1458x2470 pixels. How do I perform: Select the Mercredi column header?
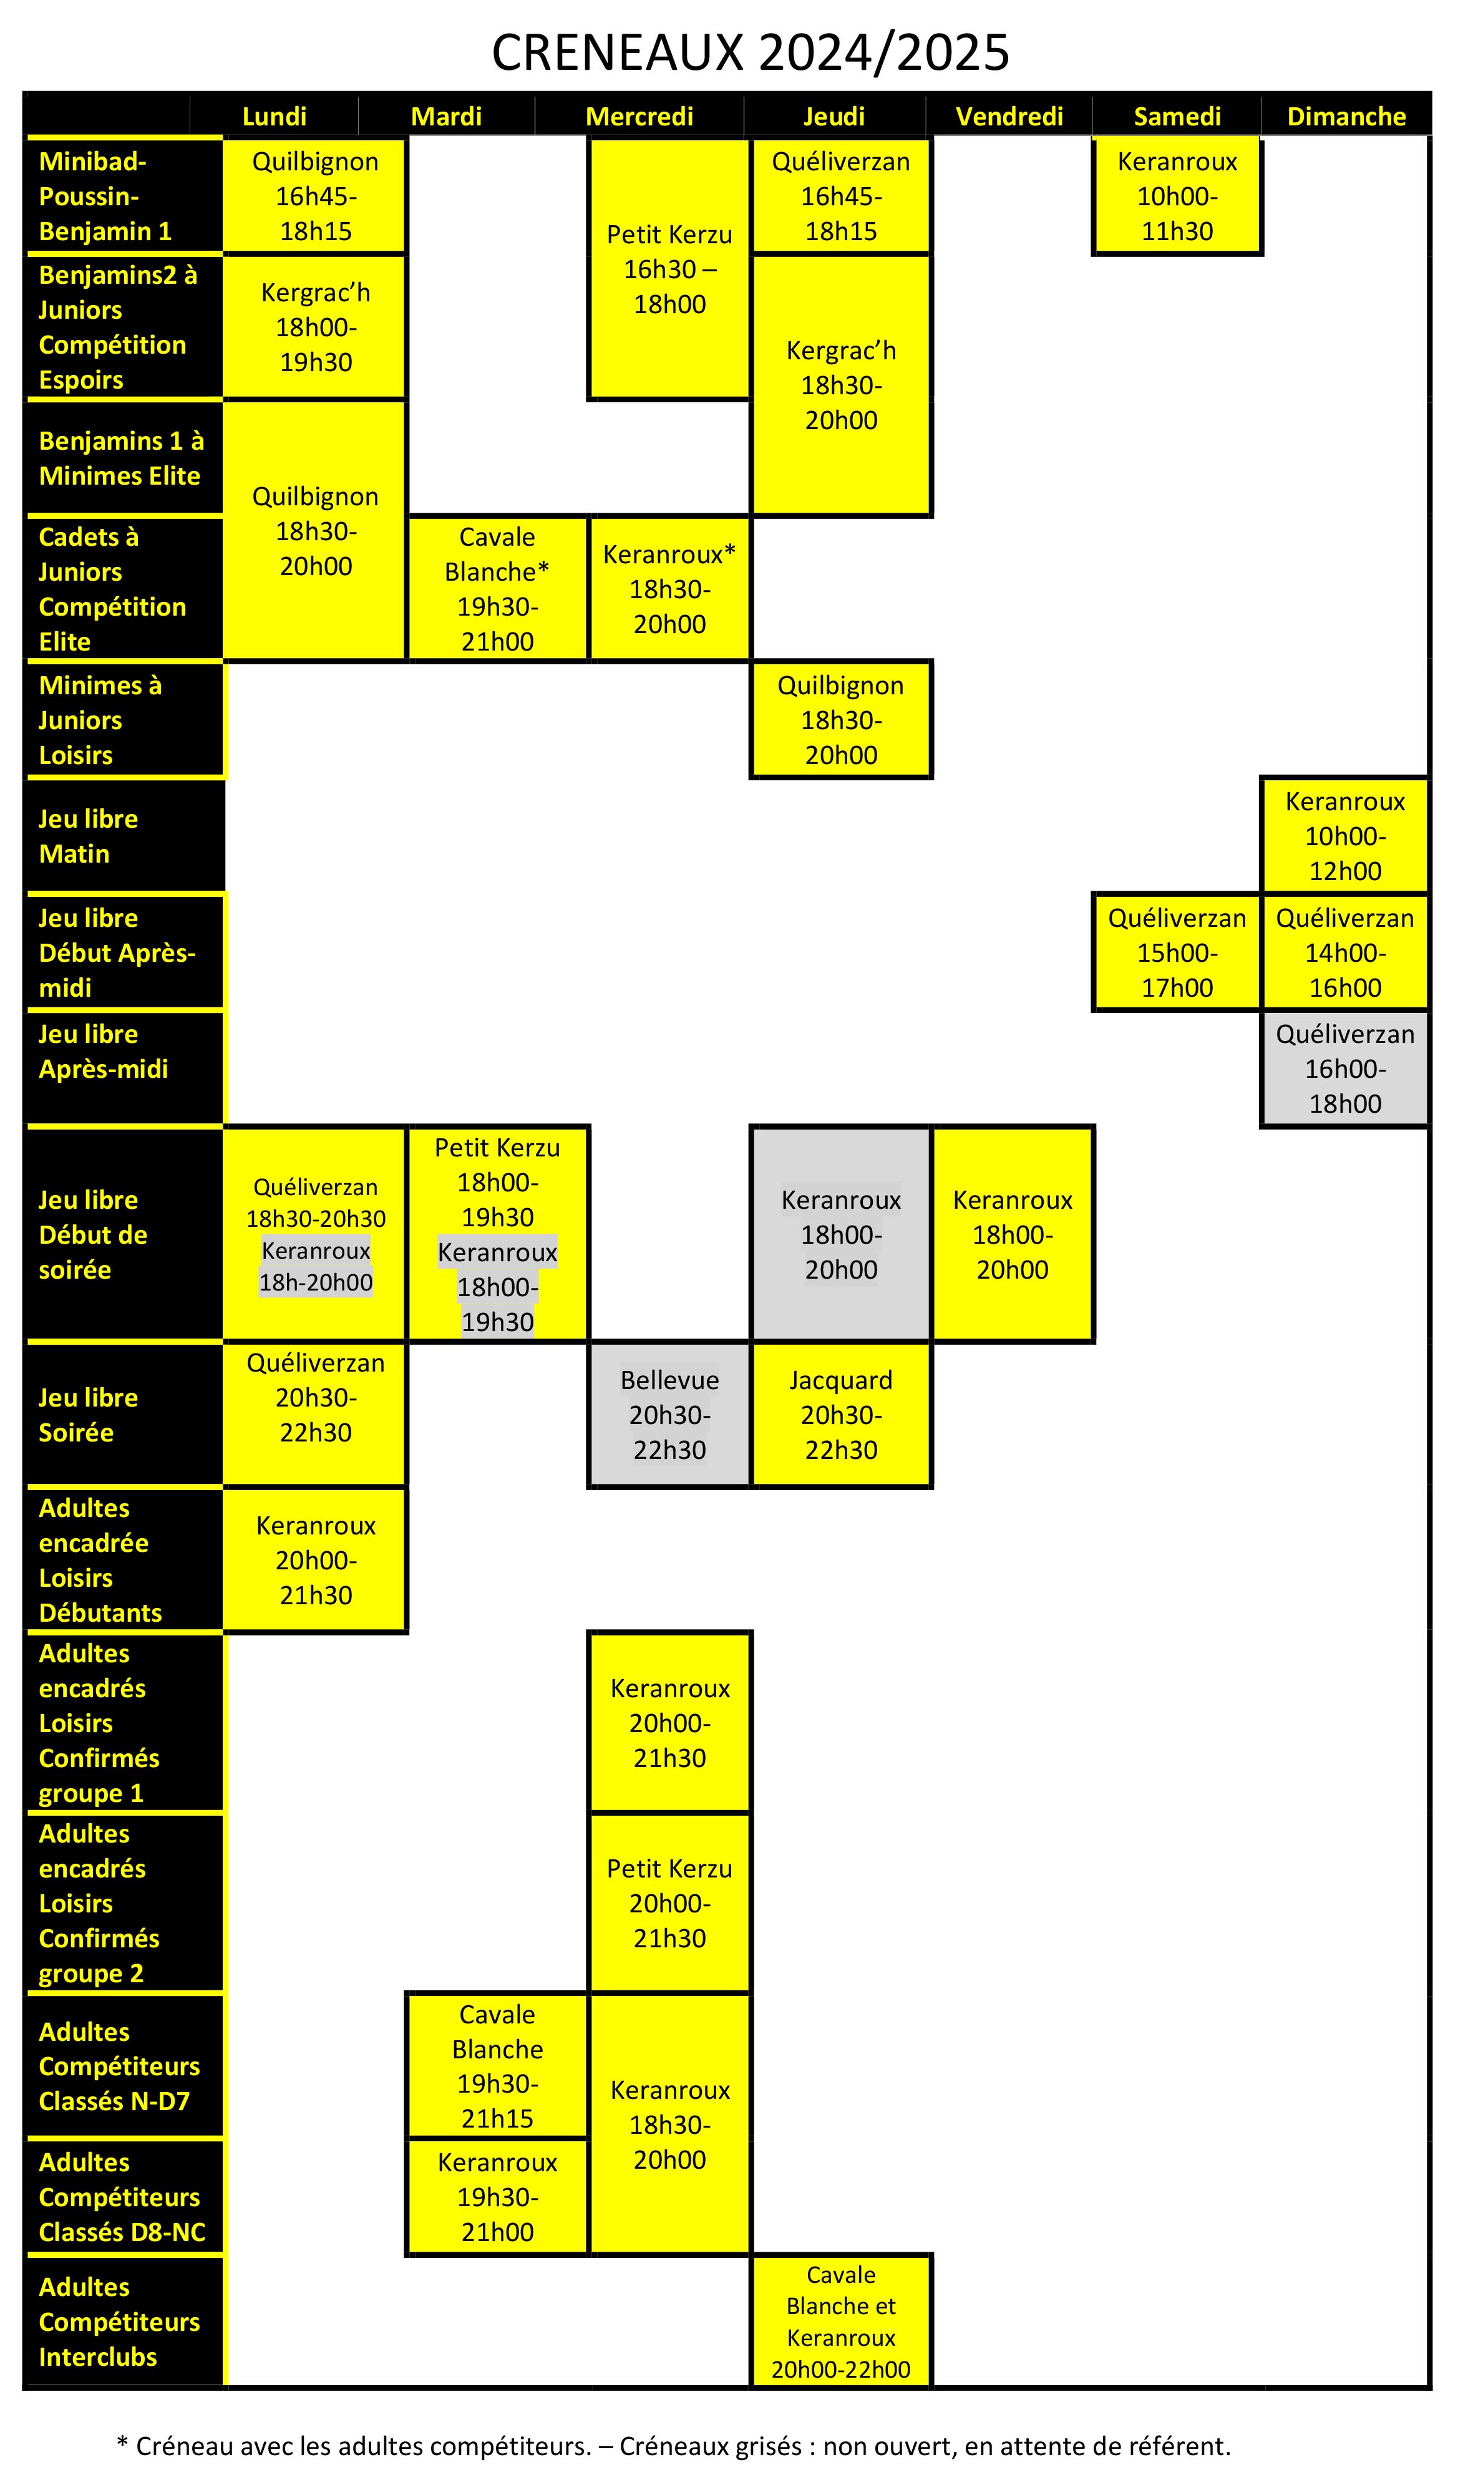pyautogui.click(x=639, y=116)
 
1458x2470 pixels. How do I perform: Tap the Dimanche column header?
pyautogui.click(x=1346, y=116)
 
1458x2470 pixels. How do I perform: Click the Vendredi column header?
pyautogui.click(x=1010, y=116)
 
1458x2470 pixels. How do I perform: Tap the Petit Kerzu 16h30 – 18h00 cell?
pyautogui.click(x=669, y=268)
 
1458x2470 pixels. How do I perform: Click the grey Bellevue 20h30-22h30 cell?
pyautogui.click(x=669, y=1414)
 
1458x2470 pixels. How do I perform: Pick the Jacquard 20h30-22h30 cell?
pyautogui.click(x=841, y=1414)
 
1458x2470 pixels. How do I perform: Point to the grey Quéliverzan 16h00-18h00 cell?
pyautogui.click(x=1345, y=1068)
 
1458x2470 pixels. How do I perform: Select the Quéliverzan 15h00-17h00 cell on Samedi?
pyautogui.click(x=1177, y=952)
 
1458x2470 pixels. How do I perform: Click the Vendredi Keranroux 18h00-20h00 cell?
pyautogui.click(x=1012, y=1234)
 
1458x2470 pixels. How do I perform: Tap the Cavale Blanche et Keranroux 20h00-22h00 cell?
pyautogui.click(x=841, y=2322)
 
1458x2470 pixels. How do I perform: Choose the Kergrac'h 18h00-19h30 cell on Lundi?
pyautogui.click(x=316, y=326)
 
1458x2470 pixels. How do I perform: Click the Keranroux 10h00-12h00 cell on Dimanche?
pyautogui.click(x=1345, y=836)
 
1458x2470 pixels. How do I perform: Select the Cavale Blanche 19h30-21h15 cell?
pyautogui.click(x=497, y=2066)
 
